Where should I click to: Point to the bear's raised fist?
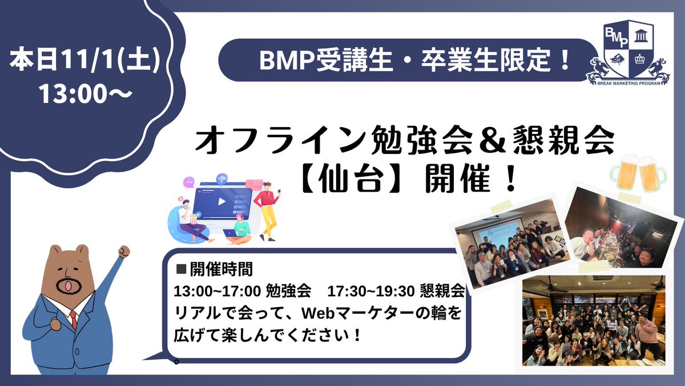pos(123,252)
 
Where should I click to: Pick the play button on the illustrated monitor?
pos(220,201)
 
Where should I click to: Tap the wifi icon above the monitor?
pos(221,178)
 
